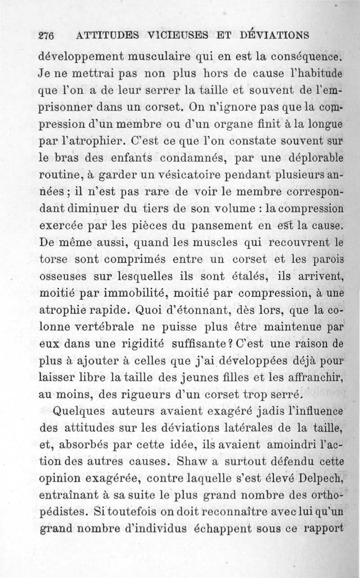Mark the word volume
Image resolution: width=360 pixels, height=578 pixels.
coord(238,209)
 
